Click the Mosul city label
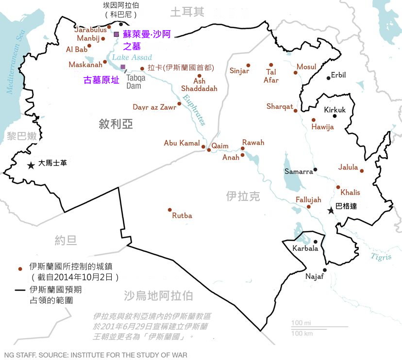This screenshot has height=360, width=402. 306,66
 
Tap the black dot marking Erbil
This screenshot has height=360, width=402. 329,78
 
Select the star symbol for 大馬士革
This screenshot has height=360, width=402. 31,165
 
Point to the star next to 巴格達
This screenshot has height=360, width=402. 331,210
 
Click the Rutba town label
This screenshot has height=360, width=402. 182,215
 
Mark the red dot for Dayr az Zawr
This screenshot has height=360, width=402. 179,104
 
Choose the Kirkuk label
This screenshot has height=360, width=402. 335,110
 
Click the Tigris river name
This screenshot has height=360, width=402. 381,256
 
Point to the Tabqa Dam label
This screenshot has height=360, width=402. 135,82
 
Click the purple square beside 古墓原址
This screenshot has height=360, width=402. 123,67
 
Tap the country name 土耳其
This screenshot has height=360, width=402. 187,12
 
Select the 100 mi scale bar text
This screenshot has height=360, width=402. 302,323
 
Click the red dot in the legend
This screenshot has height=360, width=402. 20,268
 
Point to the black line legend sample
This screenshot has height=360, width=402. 20,290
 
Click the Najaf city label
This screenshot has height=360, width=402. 315,276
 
